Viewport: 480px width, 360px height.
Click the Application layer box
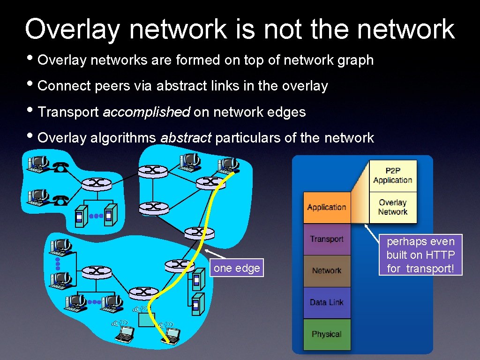coord(327,207)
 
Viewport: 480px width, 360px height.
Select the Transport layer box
coord(327,239)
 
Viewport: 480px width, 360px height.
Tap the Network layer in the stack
coord(327,271)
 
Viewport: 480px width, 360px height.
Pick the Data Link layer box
coord(327,302)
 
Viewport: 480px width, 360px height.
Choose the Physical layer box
coord(327,334)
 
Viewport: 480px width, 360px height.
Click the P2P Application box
coord(393,176)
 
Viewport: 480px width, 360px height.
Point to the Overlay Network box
coord(393,207)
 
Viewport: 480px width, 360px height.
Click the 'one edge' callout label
coord(237,268)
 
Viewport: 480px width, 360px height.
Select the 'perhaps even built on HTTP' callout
coord(420,255)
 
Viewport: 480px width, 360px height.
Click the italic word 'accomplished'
coord(146,112)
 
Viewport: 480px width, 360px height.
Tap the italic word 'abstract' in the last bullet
coord(186,138)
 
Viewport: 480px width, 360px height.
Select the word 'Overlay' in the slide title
coord(73,29)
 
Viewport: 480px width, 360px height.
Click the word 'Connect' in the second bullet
coord(64,86)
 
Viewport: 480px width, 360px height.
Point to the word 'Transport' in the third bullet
coord(68,112)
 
